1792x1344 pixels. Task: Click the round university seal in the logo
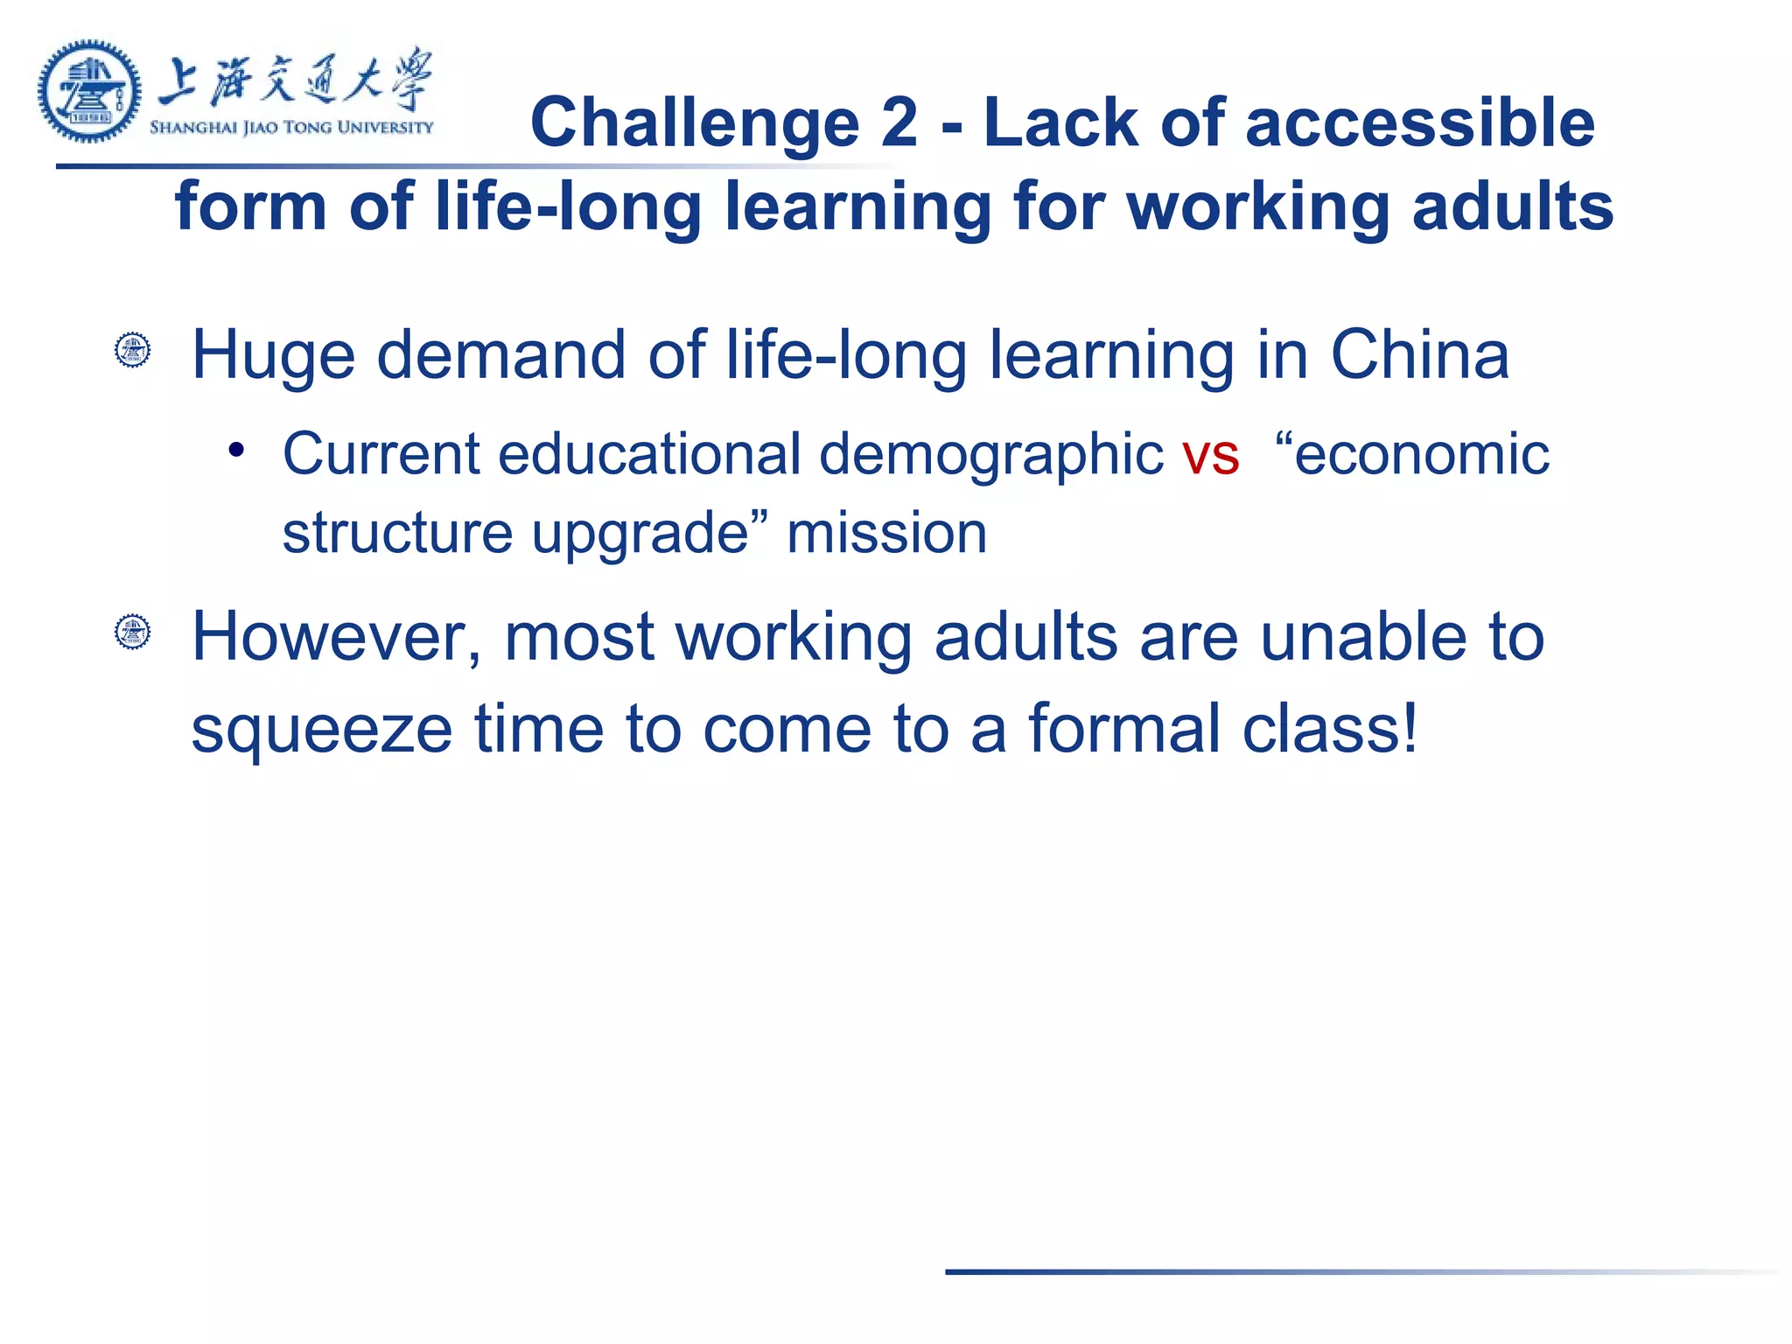(x=89, y=91)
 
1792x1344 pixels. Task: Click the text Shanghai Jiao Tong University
(x=291, y=128)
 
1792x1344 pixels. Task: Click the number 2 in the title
(x=899, y=122)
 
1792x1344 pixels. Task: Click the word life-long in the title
(x=568, y=206)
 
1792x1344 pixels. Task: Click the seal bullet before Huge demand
(x=133, y=350)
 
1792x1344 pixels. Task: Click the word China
(x=1419, y=355)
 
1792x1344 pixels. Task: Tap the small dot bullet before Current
(x=235, y=451)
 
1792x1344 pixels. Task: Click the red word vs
(x=1210, y=455)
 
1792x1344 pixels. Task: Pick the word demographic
(x=990, y=455)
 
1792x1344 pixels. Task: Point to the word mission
(x=886, y=534)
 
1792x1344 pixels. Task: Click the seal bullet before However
(x=133, y=632)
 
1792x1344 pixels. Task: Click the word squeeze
(x=321, y=730)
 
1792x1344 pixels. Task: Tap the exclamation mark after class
(x=1408, y=726)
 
